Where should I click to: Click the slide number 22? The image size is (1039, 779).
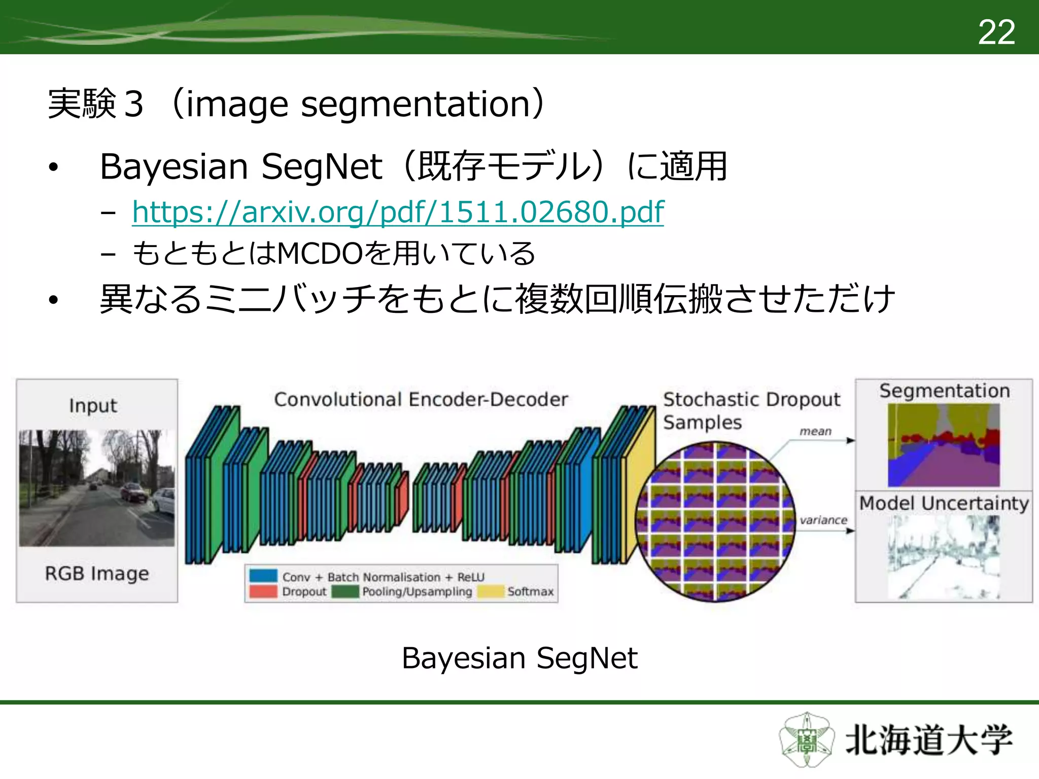996,32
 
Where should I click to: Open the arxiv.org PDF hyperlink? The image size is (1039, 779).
397,212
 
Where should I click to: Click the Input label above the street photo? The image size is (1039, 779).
93,406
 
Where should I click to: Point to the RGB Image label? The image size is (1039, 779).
97,573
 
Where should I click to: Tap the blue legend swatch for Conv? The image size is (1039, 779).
263,576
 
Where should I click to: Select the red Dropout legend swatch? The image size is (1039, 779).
263,591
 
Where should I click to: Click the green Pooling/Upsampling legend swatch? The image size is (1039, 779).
345,591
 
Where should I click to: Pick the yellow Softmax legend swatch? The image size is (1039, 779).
490,591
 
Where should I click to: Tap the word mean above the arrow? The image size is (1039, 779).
815,432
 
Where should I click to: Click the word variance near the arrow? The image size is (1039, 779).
823,520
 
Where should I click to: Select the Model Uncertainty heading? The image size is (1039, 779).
944,503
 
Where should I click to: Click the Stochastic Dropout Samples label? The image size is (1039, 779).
751,410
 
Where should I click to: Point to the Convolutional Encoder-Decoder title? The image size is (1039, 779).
421,400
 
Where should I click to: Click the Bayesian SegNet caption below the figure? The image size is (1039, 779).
519,658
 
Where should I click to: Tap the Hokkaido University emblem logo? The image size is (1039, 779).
806,740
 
